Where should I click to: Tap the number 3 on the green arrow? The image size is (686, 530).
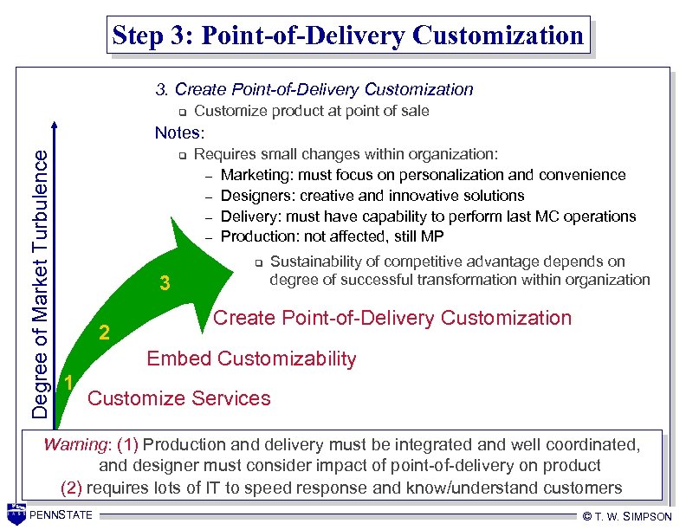165,283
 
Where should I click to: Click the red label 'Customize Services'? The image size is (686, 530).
179,398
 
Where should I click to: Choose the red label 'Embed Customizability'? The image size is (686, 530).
251,359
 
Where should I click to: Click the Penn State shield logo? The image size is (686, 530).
16,514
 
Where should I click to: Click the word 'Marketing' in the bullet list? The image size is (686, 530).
257,175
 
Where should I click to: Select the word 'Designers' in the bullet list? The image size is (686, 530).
256,196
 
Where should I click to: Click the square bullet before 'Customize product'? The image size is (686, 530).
183,112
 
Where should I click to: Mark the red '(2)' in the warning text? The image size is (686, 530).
72,487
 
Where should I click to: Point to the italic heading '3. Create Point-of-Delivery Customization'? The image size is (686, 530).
314,89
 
